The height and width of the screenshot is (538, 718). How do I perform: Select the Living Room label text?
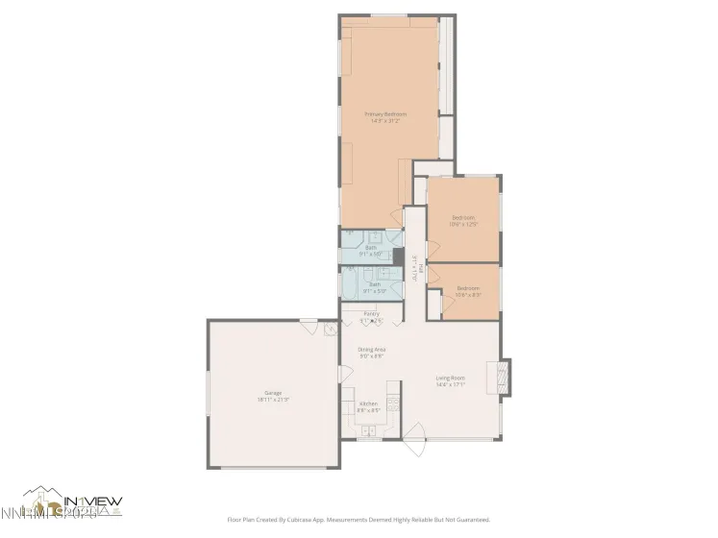click(x=450, y=381)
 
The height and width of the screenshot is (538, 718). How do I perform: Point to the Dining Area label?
click(x=372, y=352)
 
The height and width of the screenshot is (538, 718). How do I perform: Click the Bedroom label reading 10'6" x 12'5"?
click(x=464, y=220)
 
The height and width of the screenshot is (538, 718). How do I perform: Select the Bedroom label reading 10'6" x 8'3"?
click(x=467, y=291)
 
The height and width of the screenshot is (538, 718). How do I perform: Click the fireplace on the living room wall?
click(x=504, y=378)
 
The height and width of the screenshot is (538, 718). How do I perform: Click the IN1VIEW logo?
click(x=72, y=501)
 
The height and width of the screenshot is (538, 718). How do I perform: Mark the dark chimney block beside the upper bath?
click(x=398, y=257)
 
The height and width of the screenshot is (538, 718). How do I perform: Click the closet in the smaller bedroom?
click(x=434, y=304)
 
